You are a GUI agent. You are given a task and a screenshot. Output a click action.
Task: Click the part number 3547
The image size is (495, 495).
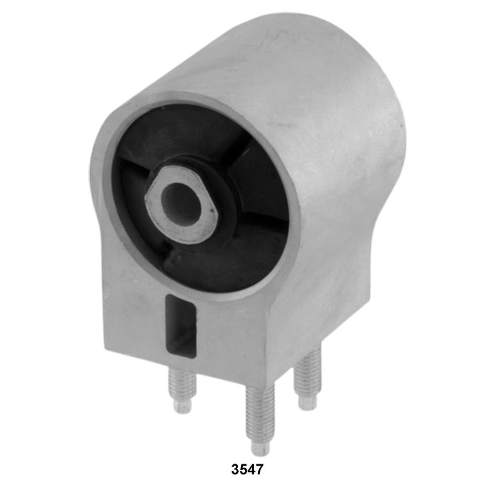tap(247, 469)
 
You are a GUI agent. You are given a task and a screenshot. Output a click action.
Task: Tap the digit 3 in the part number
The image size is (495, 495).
tap(235, 469)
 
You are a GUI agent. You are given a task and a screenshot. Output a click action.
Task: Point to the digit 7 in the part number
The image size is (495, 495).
tap(259, 469)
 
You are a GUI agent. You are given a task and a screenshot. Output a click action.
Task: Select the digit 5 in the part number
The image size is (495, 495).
tap(243, 469)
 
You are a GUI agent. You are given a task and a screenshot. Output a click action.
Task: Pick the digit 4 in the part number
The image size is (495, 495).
tap(251, 469)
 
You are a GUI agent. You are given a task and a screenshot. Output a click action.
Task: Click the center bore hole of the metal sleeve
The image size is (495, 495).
tap(181, 204)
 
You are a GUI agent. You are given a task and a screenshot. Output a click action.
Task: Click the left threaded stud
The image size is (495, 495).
tap(183, 391)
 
